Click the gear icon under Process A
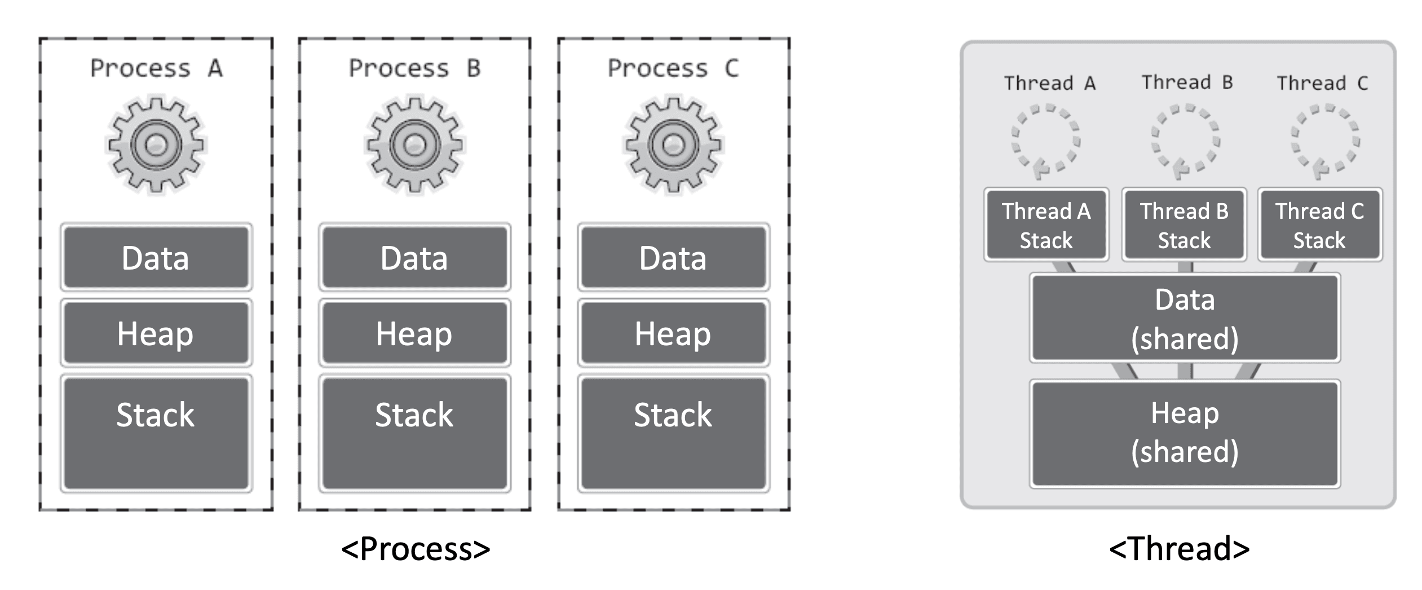pyautogui.click(x=156, y=145)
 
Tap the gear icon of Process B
pyautogui.click(x=415, y=145)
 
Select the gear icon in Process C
pyautogui.click(x=673, y=145)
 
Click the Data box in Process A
pyautogui.click(x=156, y=257)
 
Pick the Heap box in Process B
pyautogui.click(x=415, y=333)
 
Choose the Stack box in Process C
pyautogui.click(x=674, y=433)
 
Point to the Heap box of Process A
pyautogui.click(x=156, y=333)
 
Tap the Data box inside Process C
pyautogui.click(x=674, y=257)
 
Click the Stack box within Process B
pyautogui.click(x=415, y=433)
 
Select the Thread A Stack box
pyautogui.click(x=1046, y=224)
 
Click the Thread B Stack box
pyautogui.click(x=1184, y=224)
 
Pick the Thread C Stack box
pyautogui.click(x=1320, y=224)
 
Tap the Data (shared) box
pyautogui.click(x=1185, y=318)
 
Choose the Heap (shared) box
pyautogui.click(x=1185, y=433)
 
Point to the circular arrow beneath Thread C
pyautogui.click(x=1295, y=141)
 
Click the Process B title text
pyautogui.click(x=415, y=68)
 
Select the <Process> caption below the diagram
pyautogui.click(x=416, y=549)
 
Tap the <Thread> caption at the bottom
pyautogui.click(x=1180, y=549)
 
